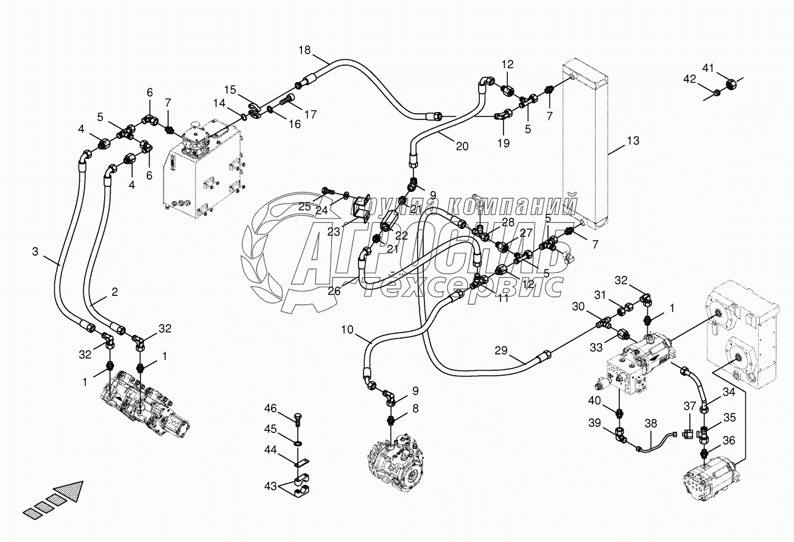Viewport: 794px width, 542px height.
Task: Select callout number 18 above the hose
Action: (304, 51)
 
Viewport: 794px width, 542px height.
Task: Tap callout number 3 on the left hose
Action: (37, 251)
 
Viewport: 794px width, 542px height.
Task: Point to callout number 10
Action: (346, 330)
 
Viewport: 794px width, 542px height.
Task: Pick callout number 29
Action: (501, 350)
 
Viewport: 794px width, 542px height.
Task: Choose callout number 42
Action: (689, 79)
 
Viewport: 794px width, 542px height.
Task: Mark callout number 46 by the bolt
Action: (270, 408)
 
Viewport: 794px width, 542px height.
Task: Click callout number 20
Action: (462, 146)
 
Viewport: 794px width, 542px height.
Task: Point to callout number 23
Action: (334, 231)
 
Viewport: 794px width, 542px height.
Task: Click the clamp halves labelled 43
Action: (300, 485)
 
